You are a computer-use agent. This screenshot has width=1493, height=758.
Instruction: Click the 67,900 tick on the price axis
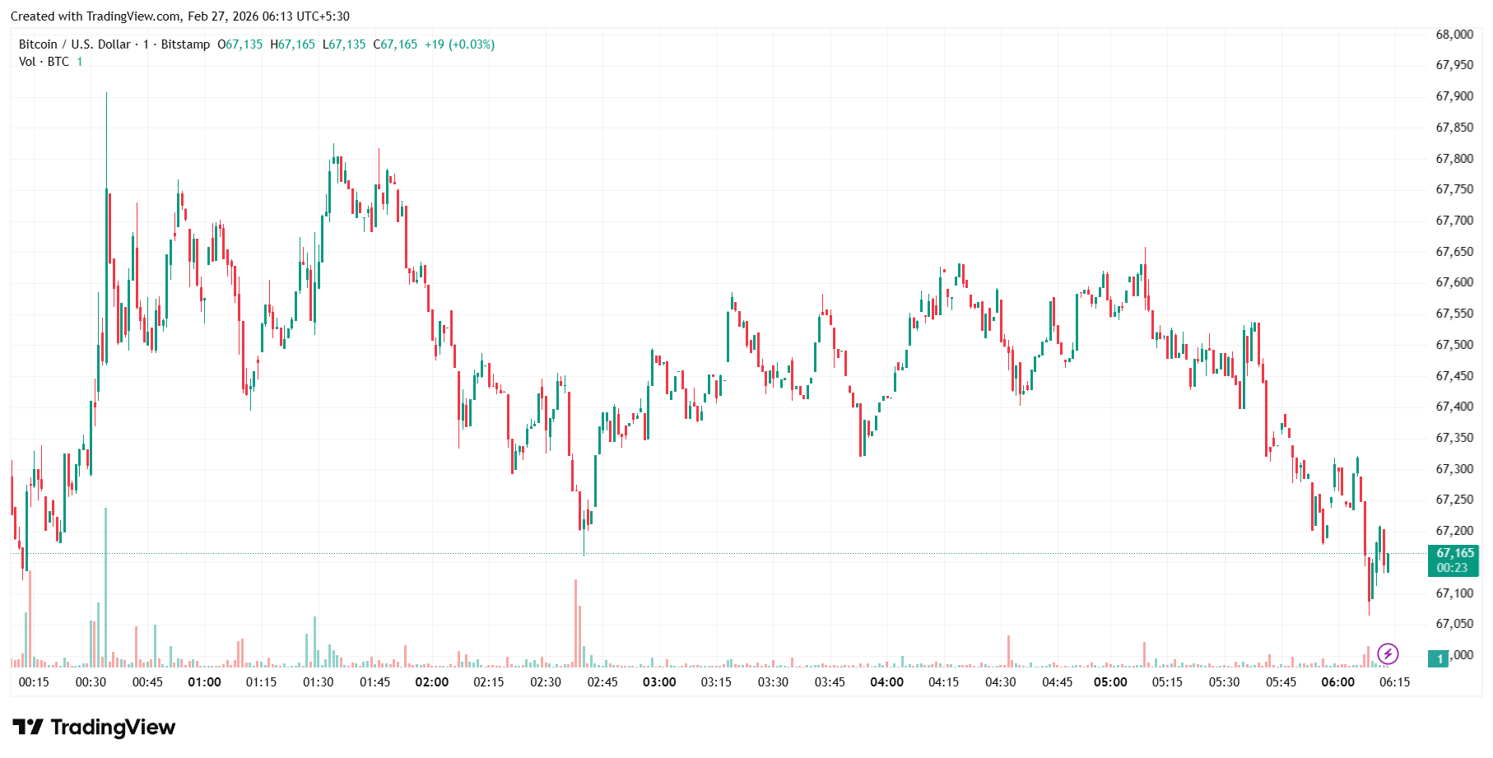pos(1454,96)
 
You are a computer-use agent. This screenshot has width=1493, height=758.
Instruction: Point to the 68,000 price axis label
pos(1454,35)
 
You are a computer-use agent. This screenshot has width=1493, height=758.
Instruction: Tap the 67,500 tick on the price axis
pos(1454,345)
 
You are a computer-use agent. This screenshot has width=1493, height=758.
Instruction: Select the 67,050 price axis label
pos(1454,624)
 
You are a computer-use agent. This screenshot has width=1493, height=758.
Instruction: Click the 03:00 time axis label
pos(659,682)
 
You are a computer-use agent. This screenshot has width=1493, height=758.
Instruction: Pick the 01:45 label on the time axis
pos(375,682)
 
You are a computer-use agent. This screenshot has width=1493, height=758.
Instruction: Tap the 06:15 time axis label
pos(1395,682)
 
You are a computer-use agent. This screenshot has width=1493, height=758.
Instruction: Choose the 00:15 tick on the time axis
pos(34,682)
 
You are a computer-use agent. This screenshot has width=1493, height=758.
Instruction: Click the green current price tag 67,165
pos(1453,560)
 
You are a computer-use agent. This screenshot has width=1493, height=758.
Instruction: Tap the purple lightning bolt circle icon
pos(1388,654)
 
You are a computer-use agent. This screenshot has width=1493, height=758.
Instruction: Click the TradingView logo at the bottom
pos(94,728)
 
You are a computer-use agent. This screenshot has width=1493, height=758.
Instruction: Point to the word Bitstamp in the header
pos(185,44)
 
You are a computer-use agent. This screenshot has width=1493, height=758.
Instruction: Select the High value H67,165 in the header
pos(293,44)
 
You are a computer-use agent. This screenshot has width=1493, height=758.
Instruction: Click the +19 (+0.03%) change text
pos(459,44)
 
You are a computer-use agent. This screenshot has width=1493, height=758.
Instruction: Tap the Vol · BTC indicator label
pos(44,62)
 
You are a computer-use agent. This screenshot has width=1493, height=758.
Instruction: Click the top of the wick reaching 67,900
pos(106,94)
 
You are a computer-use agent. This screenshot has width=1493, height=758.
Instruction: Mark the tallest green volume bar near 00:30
pos(105,587)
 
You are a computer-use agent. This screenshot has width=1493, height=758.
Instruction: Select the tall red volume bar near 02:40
pos(575,623)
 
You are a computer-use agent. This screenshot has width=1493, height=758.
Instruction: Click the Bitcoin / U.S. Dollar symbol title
pos(75,44)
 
